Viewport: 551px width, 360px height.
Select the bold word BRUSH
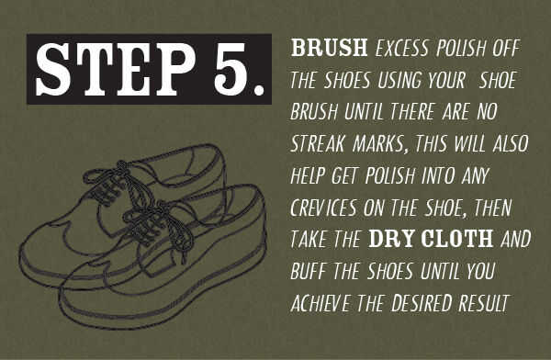coord(330,48)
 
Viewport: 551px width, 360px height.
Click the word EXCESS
coord(402,48)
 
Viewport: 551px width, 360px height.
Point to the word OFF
coord(506,48)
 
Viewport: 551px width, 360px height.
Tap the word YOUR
coord(446,80)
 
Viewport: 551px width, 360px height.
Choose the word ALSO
coord(511,143)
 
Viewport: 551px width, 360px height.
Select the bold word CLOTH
coord(456,239)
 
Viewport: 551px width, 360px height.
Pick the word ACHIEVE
coord(320,303)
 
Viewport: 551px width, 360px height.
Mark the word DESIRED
coord(422,303)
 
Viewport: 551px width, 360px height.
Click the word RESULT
coord(484,303)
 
